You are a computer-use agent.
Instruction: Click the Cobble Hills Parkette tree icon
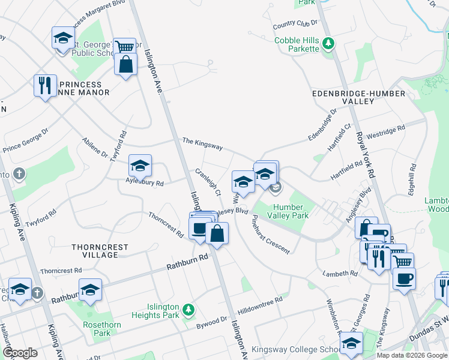328,43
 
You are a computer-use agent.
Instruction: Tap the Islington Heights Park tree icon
188,309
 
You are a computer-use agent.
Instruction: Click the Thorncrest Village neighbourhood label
95,251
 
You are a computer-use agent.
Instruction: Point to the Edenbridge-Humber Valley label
351,98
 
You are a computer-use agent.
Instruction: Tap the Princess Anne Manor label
85,89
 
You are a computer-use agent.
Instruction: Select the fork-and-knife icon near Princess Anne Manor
44,85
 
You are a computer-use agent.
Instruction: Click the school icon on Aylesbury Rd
140,165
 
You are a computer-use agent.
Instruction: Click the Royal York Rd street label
366,155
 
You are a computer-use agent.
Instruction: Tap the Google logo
20,353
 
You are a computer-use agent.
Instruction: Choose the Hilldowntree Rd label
260,305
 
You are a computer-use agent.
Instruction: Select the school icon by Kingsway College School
351,344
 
